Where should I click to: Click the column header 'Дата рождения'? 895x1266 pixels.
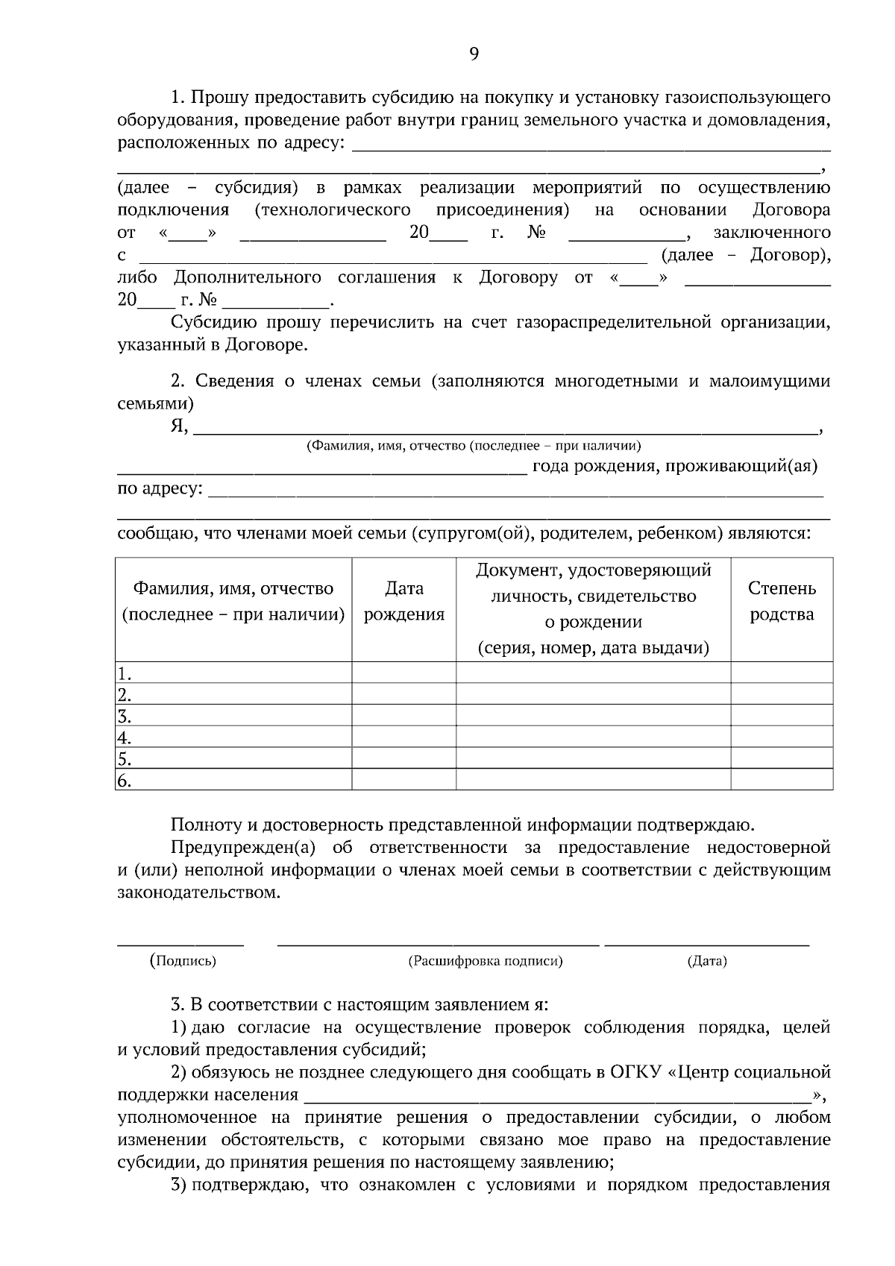403,602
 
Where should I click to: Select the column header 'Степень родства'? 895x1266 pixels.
782,602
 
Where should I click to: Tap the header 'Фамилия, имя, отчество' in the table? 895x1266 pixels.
233,589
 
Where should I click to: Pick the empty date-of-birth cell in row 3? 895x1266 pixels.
403,717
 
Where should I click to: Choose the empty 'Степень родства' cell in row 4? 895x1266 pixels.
782,738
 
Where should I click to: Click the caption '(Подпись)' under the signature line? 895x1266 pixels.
183,961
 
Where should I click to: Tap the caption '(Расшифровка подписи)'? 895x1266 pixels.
485,961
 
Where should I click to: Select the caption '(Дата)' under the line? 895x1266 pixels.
706,961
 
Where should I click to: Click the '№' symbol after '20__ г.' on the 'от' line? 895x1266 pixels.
537,233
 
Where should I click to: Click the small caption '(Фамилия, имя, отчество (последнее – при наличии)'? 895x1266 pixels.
474,446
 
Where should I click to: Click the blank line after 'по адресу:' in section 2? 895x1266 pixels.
515,492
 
